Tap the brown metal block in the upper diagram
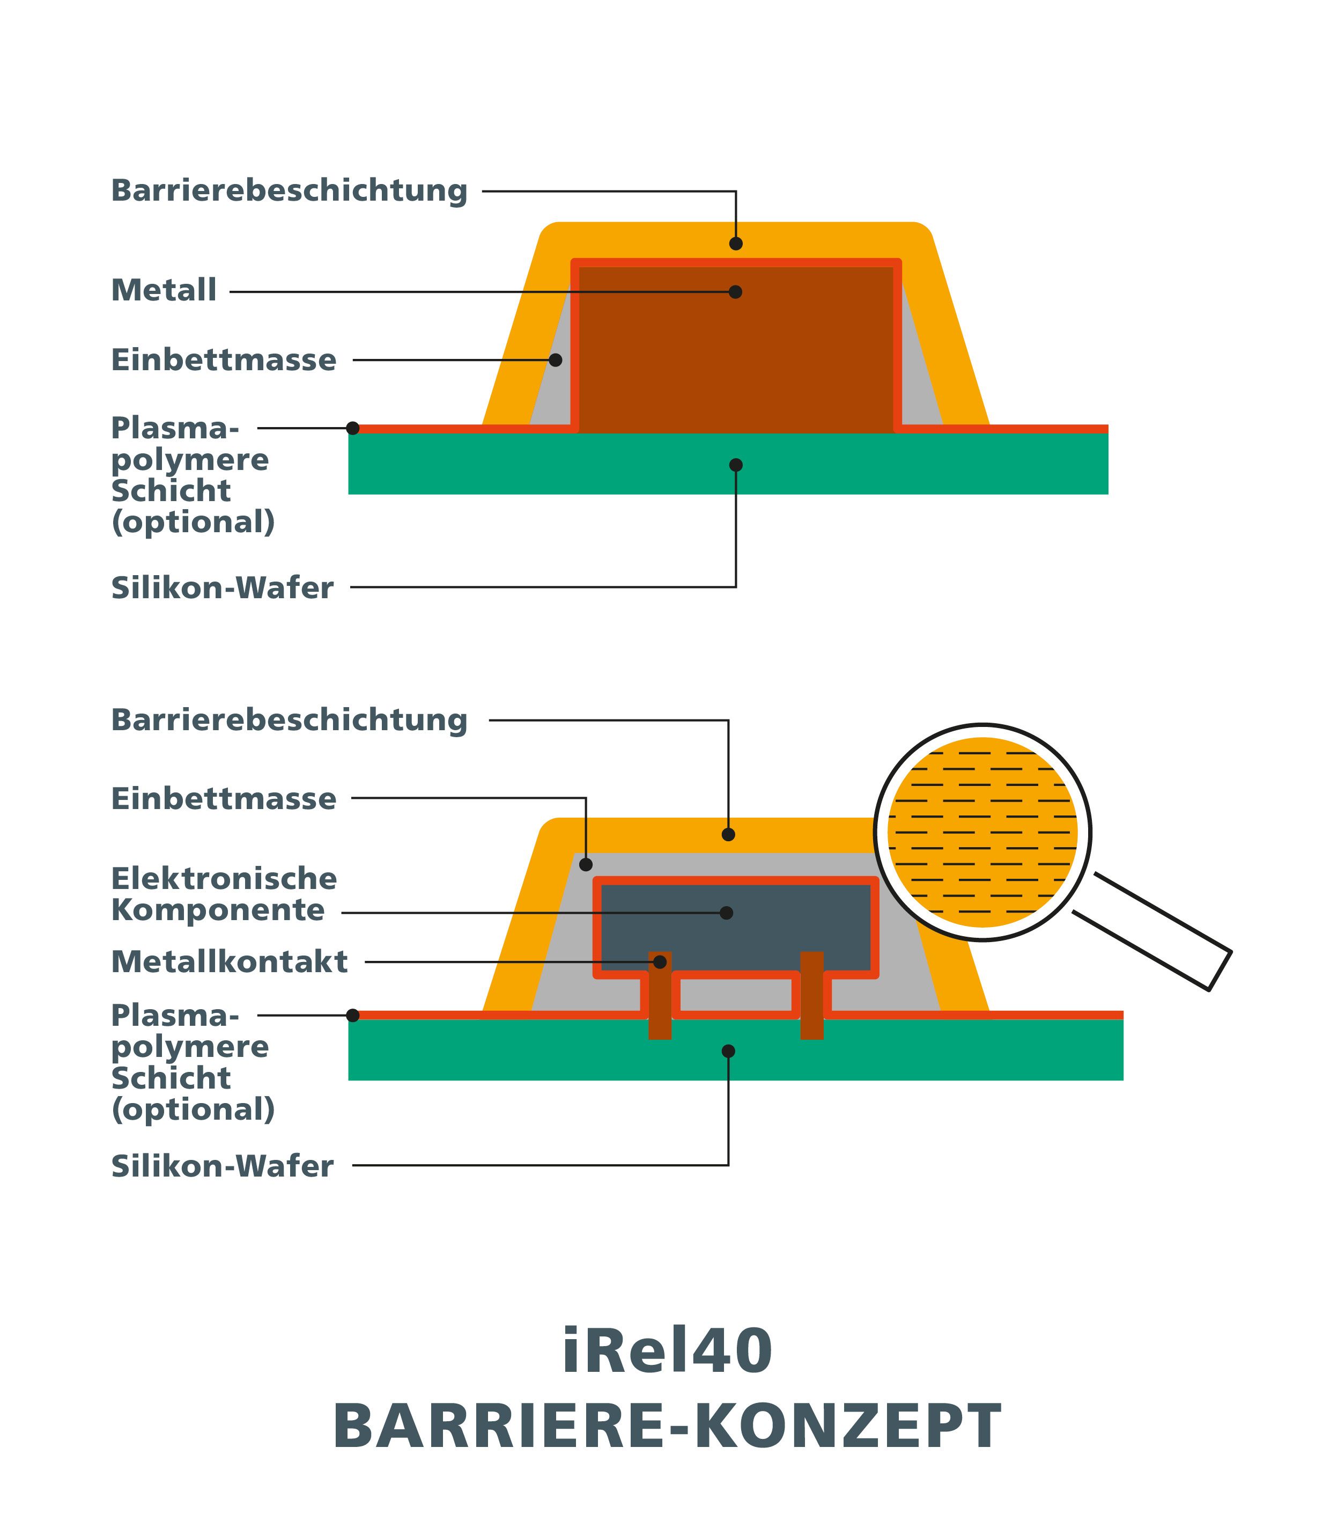(735, 349)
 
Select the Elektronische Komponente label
(224, 894)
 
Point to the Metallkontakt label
(230, 962)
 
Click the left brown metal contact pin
(660, 995)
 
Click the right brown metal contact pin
(812, 995)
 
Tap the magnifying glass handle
(1152, 931)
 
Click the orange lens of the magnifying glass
(982, 832)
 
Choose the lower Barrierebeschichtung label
(290, 720)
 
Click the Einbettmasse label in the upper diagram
(224, 360)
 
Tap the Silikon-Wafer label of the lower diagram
(222, 1166)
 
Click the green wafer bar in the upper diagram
(728, 464)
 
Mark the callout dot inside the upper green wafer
(735, 465)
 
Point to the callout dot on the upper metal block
(735, 292)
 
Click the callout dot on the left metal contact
(660, 962)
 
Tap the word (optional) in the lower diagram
(193, 1109)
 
